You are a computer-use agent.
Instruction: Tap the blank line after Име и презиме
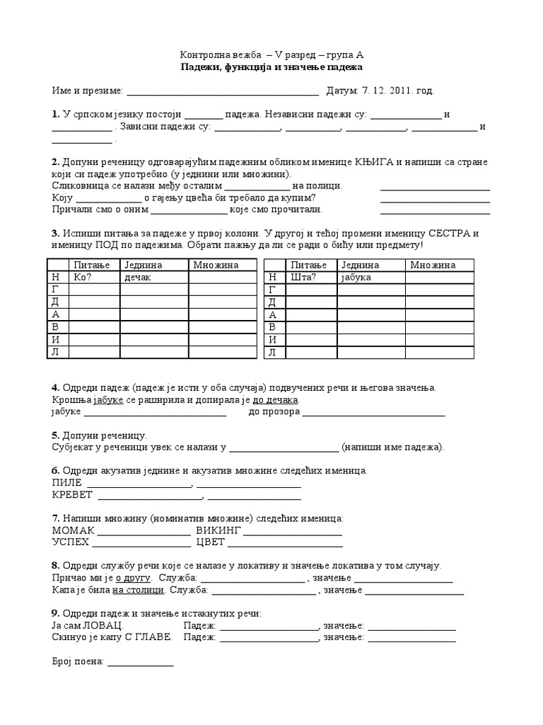[x=222, y=91]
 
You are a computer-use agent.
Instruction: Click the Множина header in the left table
[x=216, y=265]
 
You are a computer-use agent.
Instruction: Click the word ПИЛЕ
[x=67, y=483]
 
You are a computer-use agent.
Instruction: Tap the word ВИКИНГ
[x=219, y=530]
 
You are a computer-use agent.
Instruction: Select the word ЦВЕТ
[x=211, y=542]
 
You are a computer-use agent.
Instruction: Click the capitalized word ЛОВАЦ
[x=104, y=626]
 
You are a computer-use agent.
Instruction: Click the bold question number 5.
[x=55, y=435]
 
